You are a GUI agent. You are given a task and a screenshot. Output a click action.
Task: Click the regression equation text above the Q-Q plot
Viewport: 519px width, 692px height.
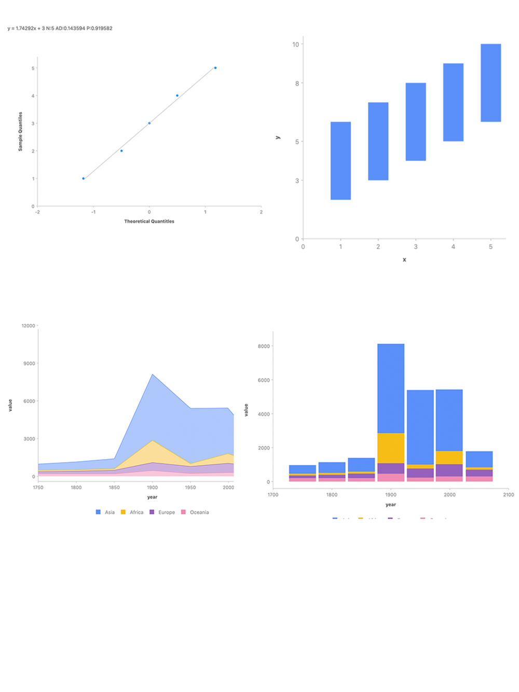coord(60,29)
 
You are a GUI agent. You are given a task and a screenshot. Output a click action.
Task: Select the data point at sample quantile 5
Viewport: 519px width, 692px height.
coord(215,68)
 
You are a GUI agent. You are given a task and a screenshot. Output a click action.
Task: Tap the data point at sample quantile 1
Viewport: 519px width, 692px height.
coord(84,178)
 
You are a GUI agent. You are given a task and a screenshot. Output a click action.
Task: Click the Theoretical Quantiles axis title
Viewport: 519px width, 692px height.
coord(149,222)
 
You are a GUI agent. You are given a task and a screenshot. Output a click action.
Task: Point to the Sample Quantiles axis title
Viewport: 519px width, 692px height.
coord(21,131)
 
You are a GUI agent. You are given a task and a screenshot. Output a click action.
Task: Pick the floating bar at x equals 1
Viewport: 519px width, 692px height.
coord(340,161)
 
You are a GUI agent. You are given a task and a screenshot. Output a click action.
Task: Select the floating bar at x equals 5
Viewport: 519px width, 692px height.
coord(490,83)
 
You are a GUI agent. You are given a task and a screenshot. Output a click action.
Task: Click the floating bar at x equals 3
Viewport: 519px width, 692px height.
coord(416,122)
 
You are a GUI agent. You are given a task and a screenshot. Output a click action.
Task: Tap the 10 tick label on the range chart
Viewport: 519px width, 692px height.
coord(296,45)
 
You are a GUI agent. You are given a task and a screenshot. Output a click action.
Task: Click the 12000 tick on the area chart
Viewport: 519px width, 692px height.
coord(29,326)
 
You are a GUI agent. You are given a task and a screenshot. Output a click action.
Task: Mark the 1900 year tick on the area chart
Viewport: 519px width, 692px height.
coord(152,488)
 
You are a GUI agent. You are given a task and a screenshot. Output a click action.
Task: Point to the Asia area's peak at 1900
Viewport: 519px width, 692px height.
coord(152,375)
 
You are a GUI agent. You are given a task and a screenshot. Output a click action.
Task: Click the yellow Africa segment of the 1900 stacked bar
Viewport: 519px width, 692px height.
coord(391,448)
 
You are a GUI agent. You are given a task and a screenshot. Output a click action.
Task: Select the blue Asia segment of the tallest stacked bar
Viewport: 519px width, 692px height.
coord(391,388)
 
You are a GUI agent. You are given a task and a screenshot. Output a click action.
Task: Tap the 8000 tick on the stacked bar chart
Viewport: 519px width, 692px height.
coord(264,347)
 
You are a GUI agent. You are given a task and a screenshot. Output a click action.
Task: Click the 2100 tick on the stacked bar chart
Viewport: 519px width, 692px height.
coord(508,495)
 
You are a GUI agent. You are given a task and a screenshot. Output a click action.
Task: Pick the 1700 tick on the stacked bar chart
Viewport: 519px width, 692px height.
coord(273,495)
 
